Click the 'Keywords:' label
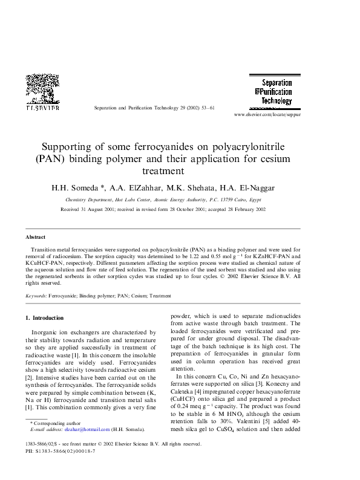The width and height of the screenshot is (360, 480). pyautogui.click(x=36, y=296)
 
